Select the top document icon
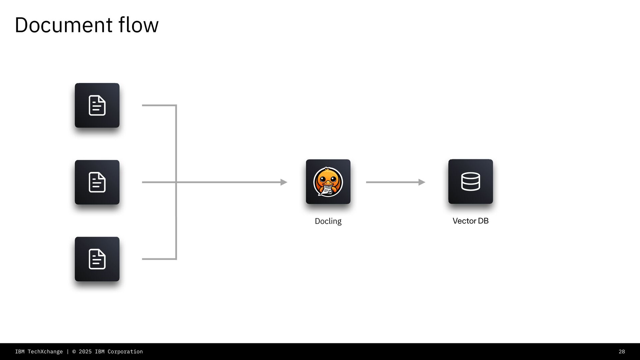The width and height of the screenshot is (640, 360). point(97,105)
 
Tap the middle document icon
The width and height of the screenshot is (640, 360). point(97,182)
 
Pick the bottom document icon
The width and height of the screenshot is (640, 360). point(97,259)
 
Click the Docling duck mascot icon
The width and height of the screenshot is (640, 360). point(328,182)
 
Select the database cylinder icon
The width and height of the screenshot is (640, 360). point(470,181)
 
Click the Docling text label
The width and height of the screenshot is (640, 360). point(328,221)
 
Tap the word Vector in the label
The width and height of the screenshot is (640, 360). point(464,221)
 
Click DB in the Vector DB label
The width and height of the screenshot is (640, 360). point(483,221)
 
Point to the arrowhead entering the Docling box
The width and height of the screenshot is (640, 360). point(284,182)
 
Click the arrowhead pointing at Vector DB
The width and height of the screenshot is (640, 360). point(422,182)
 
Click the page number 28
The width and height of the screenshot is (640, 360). point(622,352)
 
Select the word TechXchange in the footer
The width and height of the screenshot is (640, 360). point(45,352)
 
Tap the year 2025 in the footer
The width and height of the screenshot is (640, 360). point(85,352)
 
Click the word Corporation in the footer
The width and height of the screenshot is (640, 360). point(125,352)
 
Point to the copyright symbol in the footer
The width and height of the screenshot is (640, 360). point(74,352)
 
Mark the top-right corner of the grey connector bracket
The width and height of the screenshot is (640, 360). point(176,105)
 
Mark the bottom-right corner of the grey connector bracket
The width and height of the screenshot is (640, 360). point(176,259)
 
